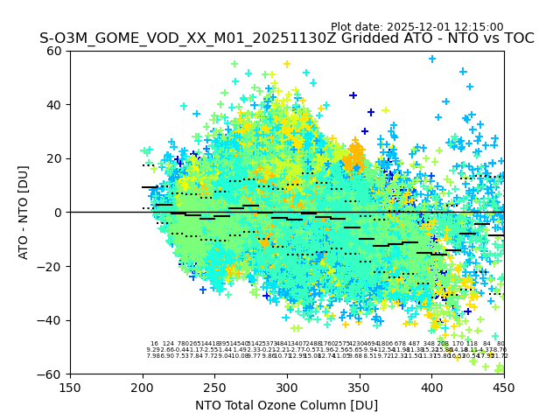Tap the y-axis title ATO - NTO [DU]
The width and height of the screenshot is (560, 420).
pyautogui.click(x=24, y=212)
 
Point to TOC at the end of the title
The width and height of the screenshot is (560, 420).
pyautogui.click(x=517, y=39)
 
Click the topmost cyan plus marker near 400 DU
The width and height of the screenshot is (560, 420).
pyautogui.click(x=432, y=59)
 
